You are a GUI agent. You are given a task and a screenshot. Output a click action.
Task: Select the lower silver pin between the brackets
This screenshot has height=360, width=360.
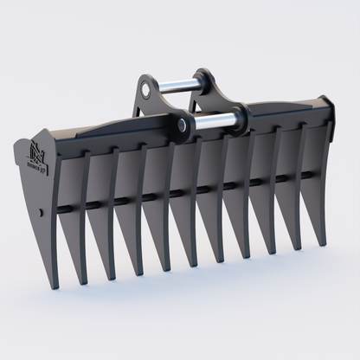point(215,121)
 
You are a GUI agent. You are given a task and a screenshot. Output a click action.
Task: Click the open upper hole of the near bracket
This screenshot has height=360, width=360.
point(148,87)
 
